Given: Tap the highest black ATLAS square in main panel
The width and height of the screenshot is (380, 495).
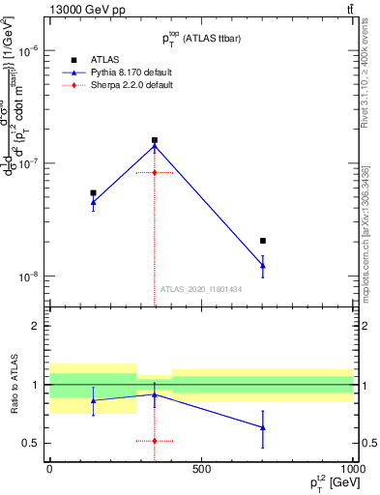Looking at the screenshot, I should tap(155, 140).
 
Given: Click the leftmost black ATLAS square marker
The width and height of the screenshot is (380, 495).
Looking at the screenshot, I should tap(93, 192).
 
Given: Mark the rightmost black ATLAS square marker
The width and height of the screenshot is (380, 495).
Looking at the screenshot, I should tap(263, 241).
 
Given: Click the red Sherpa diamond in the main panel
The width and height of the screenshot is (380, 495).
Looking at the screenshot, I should tap(155, 172).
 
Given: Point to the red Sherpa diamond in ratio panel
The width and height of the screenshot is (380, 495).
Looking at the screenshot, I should tap(155, 441).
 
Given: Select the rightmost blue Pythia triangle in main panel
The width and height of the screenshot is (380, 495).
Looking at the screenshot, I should tap(263, 266).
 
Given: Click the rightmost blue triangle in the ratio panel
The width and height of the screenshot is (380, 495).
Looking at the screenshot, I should tap(263, 427).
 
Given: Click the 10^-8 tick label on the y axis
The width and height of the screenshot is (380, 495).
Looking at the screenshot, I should tap(31, 277).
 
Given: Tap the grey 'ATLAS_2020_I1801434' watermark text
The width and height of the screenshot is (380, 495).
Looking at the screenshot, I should tap(201, 289).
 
